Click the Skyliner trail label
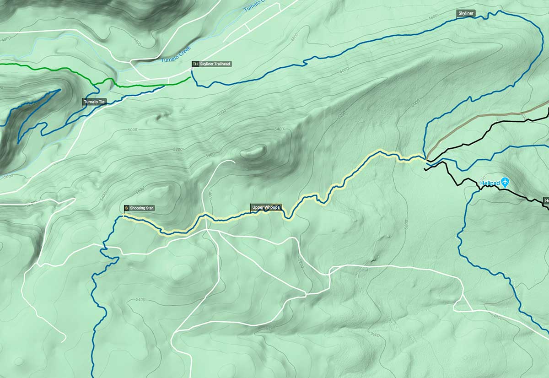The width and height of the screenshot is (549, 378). pos(466,14)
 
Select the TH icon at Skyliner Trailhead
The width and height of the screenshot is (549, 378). pos(195,64)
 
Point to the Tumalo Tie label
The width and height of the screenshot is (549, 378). pos(94,102)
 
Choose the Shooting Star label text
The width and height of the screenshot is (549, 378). pos(142,208)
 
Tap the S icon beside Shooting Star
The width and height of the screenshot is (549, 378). pos(126,208)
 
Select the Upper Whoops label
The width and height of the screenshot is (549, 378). pos(266,207)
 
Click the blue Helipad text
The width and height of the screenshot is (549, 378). pos(489,183)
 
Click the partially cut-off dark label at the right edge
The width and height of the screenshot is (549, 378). pos(546,200)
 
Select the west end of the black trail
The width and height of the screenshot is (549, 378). pos(425,170)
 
